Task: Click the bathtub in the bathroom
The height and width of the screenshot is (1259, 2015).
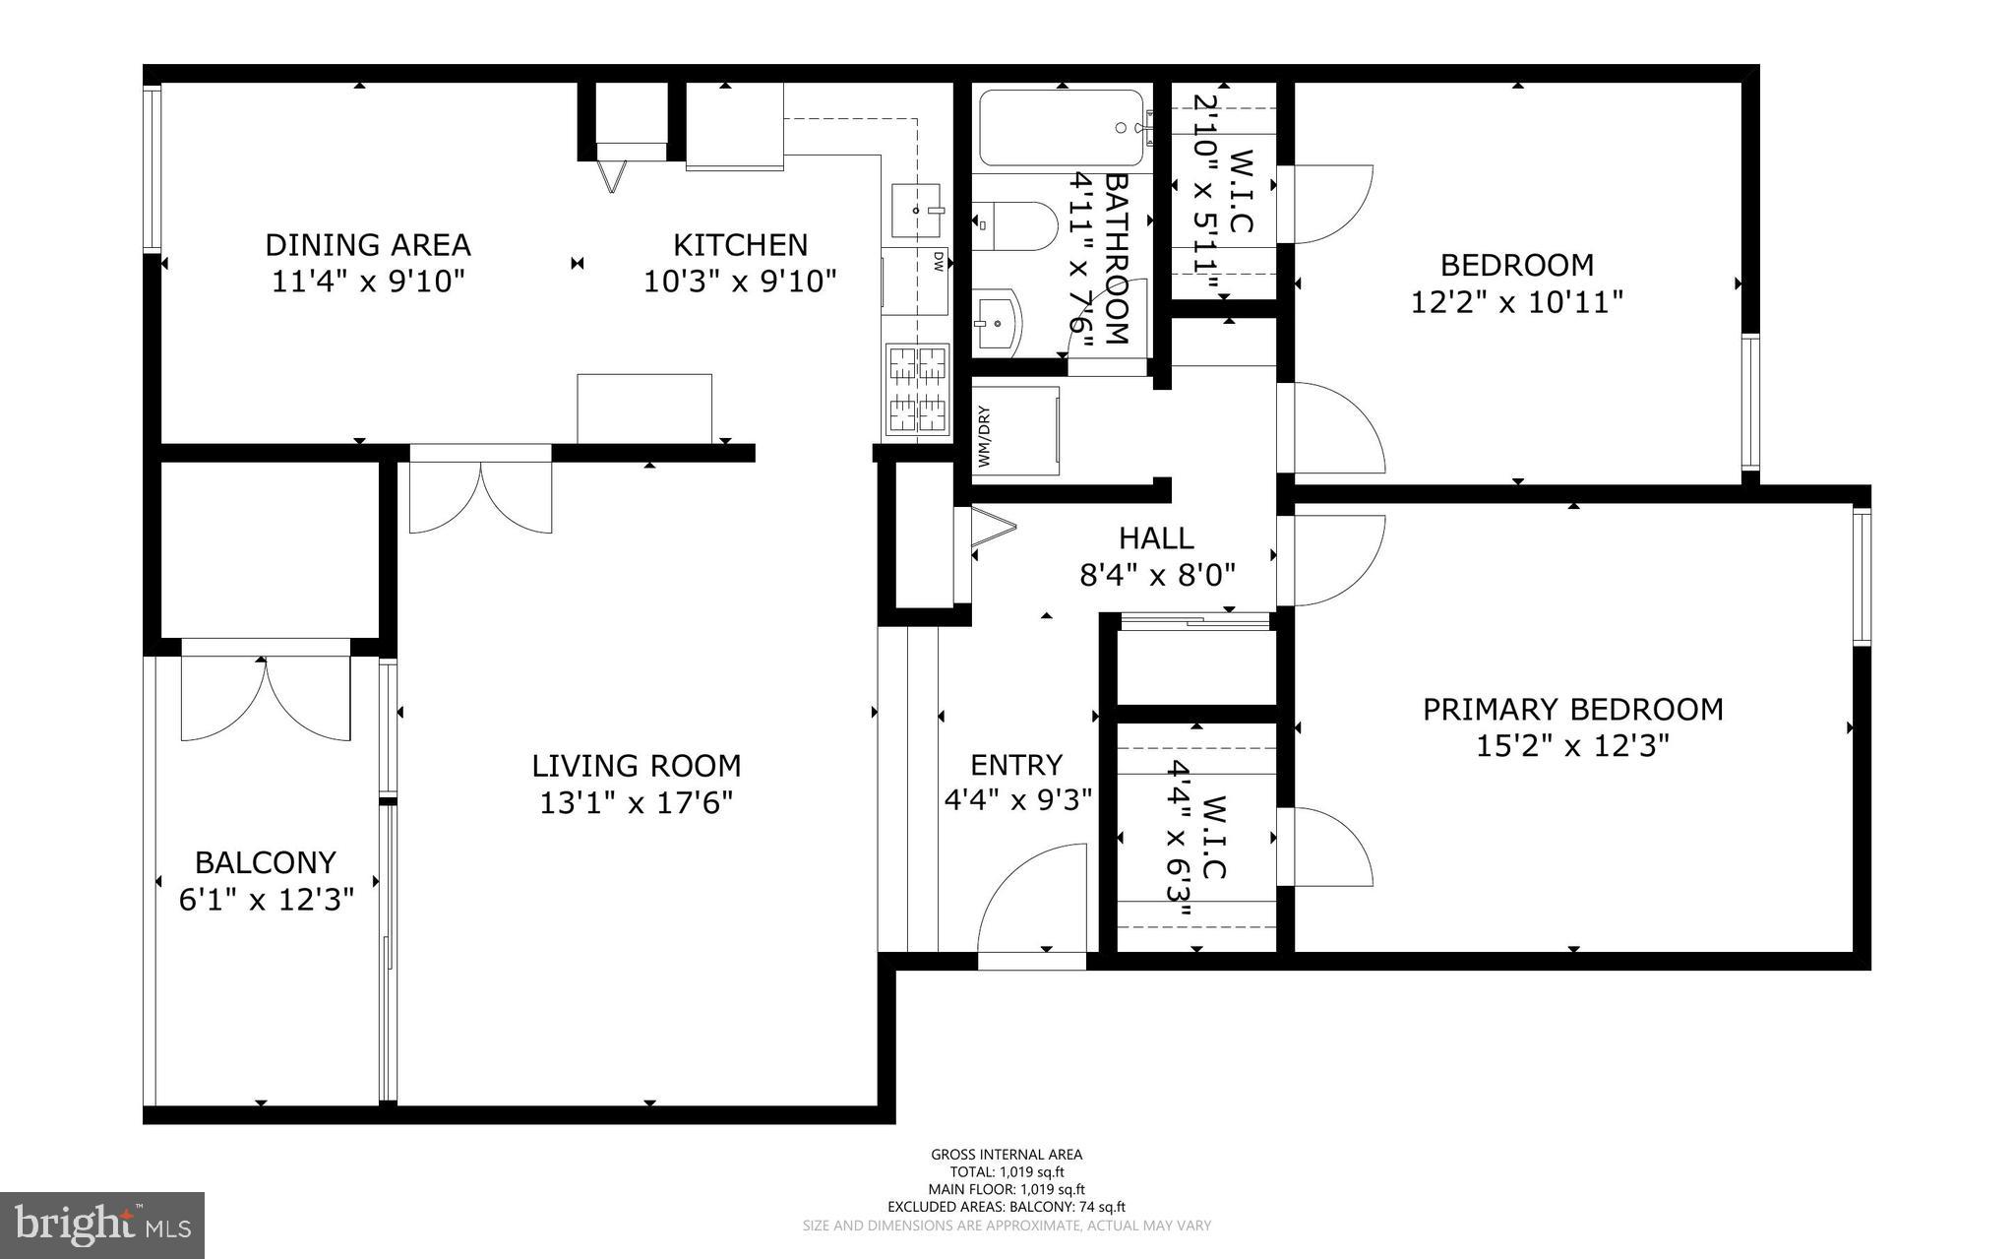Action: pos(1061,129)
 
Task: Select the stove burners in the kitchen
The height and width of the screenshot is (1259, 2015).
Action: pos(917,390)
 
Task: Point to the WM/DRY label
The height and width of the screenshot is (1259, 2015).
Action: pos(984,437)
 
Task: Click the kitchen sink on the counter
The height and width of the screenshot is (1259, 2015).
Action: pos(916,211)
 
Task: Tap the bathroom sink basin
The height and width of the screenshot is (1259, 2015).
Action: pos(998,322)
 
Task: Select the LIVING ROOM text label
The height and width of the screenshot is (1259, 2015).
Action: pos(636,766)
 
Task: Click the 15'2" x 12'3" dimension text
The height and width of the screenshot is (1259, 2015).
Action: pos(1572,746)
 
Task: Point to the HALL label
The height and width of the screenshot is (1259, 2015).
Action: pos(1156,537)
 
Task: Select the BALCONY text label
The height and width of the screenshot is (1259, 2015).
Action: pos(266,862)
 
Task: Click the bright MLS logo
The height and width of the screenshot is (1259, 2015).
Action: pos(102,1225)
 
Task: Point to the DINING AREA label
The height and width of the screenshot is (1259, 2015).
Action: pos(368,244)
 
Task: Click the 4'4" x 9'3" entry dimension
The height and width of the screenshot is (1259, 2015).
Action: pos(1018,800)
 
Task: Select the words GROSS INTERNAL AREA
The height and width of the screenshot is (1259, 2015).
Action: pos(1007,1155)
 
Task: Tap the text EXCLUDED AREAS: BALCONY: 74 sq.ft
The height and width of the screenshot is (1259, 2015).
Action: pos(1007,1207)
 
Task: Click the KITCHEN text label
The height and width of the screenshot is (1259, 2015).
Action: pos(740,244)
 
